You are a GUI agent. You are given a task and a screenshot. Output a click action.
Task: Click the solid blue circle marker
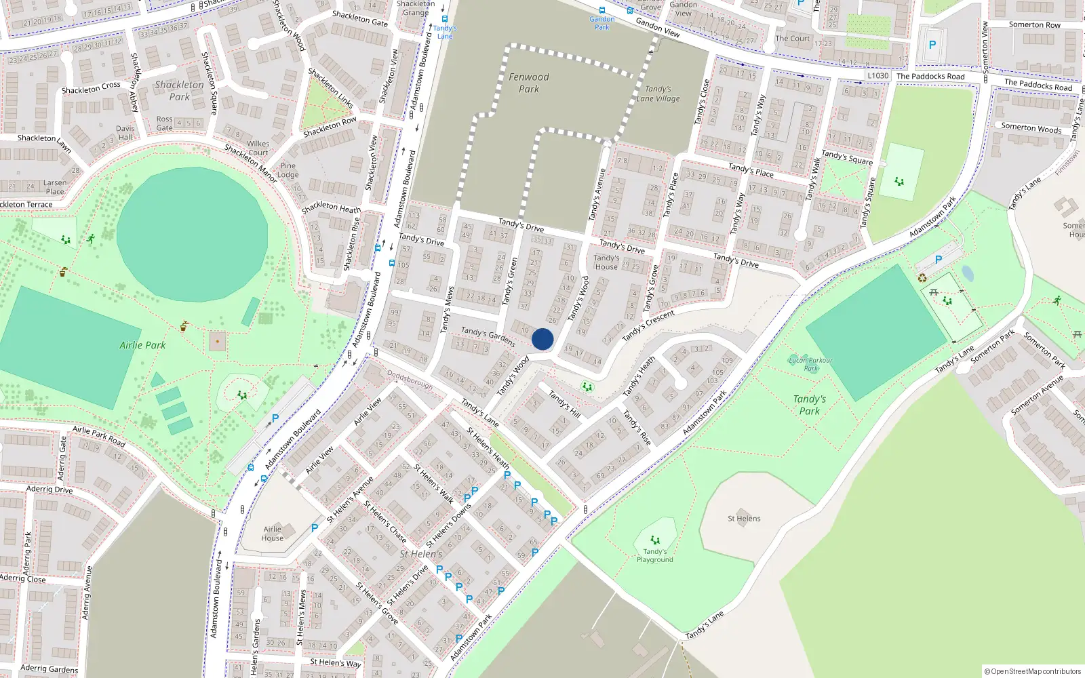(542, 339)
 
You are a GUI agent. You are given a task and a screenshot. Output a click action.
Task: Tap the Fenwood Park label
(529, 83)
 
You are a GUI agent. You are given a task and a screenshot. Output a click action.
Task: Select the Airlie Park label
(142, 345)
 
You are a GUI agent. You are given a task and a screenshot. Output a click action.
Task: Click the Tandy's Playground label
(655, 556)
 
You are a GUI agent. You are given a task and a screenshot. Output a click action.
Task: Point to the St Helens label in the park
(744, 519)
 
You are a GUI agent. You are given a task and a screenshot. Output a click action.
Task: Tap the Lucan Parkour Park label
(811, 364)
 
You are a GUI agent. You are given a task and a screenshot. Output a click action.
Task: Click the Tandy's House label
(606, 262)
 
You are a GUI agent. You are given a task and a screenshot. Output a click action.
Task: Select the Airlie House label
(273, 534)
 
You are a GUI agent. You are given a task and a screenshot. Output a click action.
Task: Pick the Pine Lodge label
(288, 170)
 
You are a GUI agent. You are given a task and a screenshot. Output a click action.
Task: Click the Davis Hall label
(125, 132)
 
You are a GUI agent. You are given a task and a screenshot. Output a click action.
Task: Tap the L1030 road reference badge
(878, 75)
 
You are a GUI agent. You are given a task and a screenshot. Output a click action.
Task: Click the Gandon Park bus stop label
(602, 23)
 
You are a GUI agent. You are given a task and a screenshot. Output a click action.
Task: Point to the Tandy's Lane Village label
(658, 94)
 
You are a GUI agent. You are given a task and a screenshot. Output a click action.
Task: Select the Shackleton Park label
(179, 90)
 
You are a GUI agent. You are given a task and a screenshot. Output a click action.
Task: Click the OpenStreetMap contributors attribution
(1033, 671)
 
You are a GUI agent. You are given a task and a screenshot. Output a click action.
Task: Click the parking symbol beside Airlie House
(315, 527)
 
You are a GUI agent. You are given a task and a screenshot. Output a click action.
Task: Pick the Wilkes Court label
(258, 148)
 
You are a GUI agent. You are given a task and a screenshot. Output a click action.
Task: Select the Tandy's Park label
(810, 405)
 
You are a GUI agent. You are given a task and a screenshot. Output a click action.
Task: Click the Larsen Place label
(55, 187)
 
